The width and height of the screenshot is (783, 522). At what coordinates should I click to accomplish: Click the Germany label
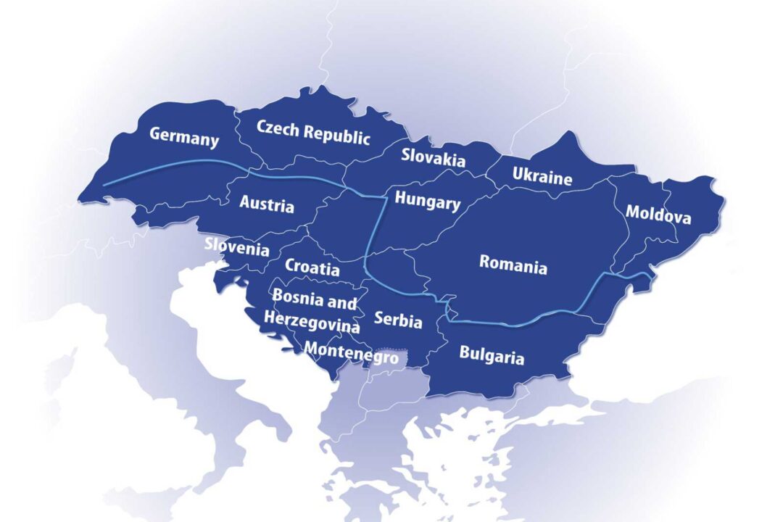point(184,136)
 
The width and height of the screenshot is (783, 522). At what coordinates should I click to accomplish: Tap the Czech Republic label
point(313,132)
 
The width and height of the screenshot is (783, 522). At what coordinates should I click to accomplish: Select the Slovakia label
point(434,156)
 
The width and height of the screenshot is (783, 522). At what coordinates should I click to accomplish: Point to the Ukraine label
point(542,175)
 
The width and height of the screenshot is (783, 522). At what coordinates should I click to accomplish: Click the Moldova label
point(658,215)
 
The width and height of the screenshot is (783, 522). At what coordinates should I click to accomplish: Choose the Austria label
point(267,204)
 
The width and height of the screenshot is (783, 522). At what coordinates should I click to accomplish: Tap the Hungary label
point(427,202)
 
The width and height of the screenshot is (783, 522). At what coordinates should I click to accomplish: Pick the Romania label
point(513,265)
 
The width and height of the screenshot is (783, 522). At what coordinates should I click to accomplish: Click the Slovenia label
point(237,248)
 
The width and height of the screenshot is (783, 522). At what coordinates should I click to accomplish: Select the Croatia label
point(312,267)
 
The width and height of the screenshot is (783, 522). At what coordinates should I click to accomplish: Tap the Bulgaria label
point(492,356)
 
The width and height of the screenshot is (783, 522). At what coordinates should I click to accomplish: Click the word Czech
point(278,128)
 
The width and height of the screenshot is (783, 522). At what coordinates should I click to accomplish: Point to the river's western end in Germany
point(104,186)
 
